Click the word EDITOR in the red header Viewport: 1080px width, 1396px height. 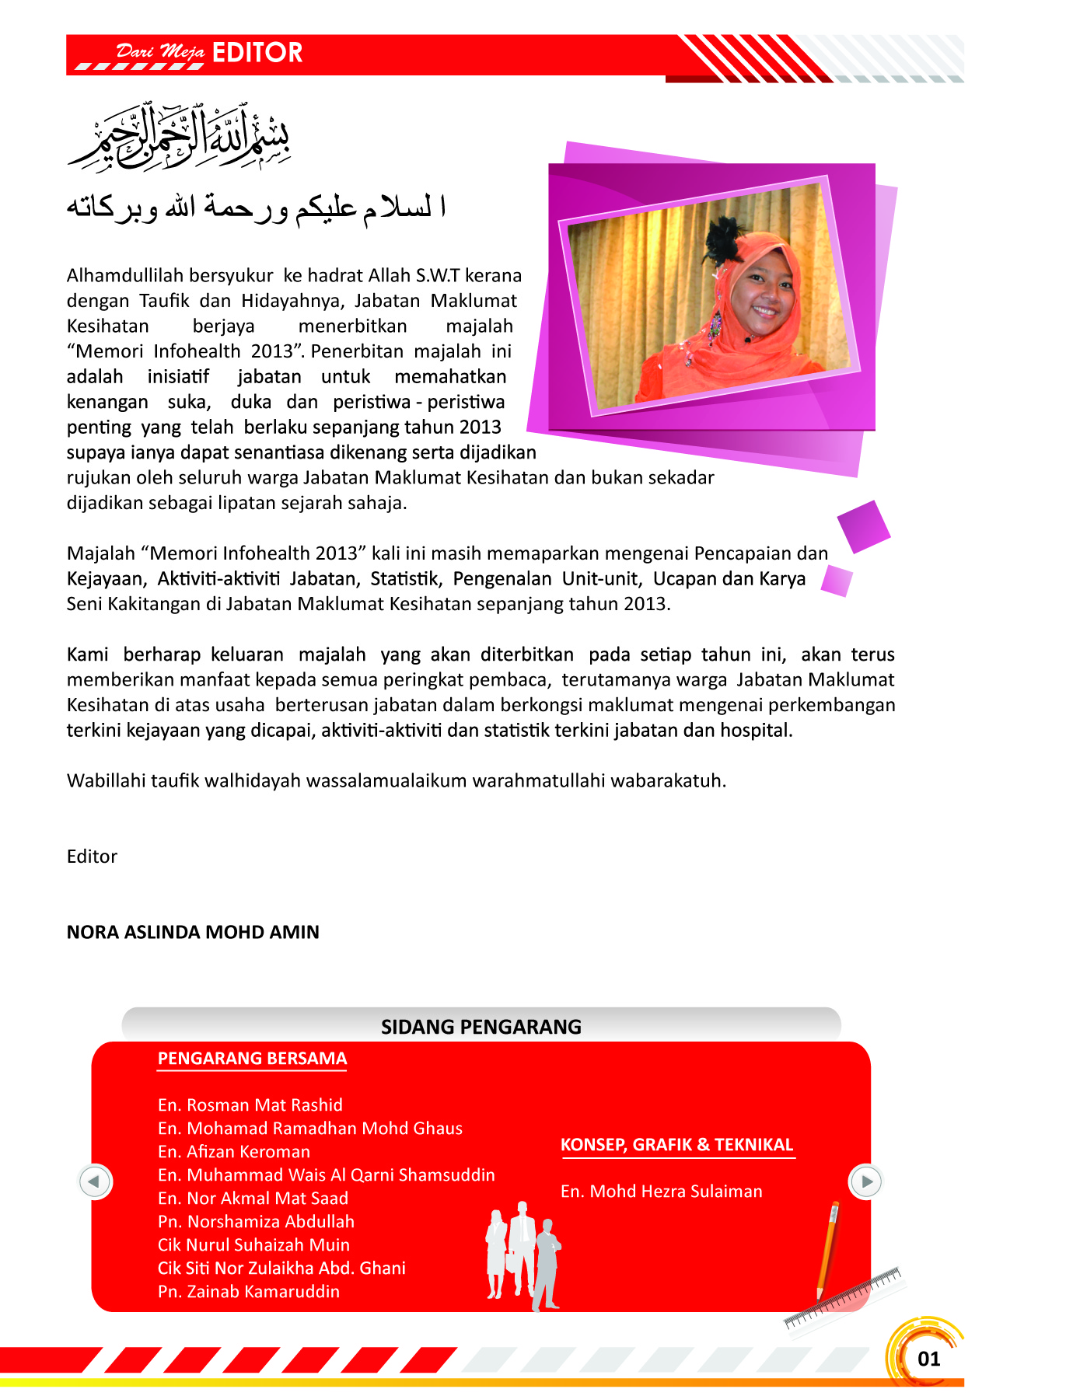pos(257,53)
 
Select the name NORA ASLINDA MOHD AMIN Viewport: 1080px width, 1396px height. pos(193,932)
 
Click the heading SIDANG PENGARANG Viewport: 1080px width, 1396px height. pos(481,1027)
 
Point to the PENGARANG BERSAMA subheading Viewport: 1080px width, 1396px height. pos(252,1059)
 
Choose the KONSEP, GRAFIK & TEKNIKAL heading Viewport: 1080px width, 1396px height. pos(676,1145)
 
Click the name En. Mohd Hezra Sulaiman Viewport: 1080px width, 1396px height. pos(661,1192)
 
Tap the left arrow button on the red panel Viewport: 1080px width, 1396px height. pos(95,1181)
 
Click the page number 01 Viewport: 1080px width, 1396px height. pos(928,1359)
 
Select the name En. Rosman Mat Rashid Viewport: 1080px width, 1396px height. pos(250,1105)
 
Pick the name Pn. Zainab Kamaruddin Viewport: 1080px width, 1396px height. pos(248,1292)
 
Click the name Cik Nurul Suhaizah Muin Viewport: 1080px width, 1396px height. pos(253,1245)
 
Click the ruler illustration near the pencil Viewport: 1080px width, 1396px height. pos(844,1297)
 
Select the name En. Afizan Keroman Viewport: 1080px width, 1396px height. pos(233,1152)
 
